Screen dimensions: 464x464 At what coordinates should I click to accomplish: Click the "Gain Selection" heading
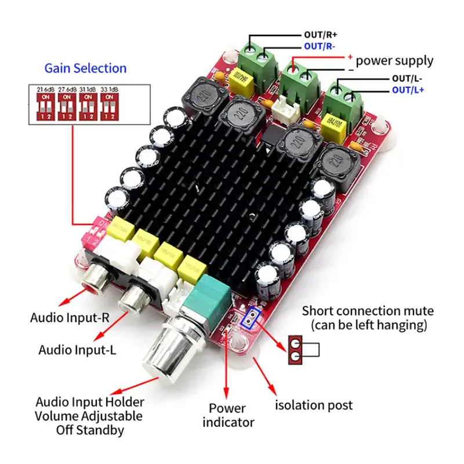(x=85, y=68)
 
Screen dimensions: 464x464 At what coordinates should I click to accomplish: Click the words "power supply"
(x=394, y=60)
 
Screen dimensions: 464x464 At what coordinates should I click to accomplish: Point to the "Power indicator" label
(x=227, y=415)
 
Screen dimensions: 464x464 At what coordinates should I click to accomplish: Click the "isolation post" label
(x=313, y=405)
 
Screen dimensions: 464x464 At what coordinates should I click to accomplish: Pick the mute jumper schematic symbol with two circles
(x=296, y=350)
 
